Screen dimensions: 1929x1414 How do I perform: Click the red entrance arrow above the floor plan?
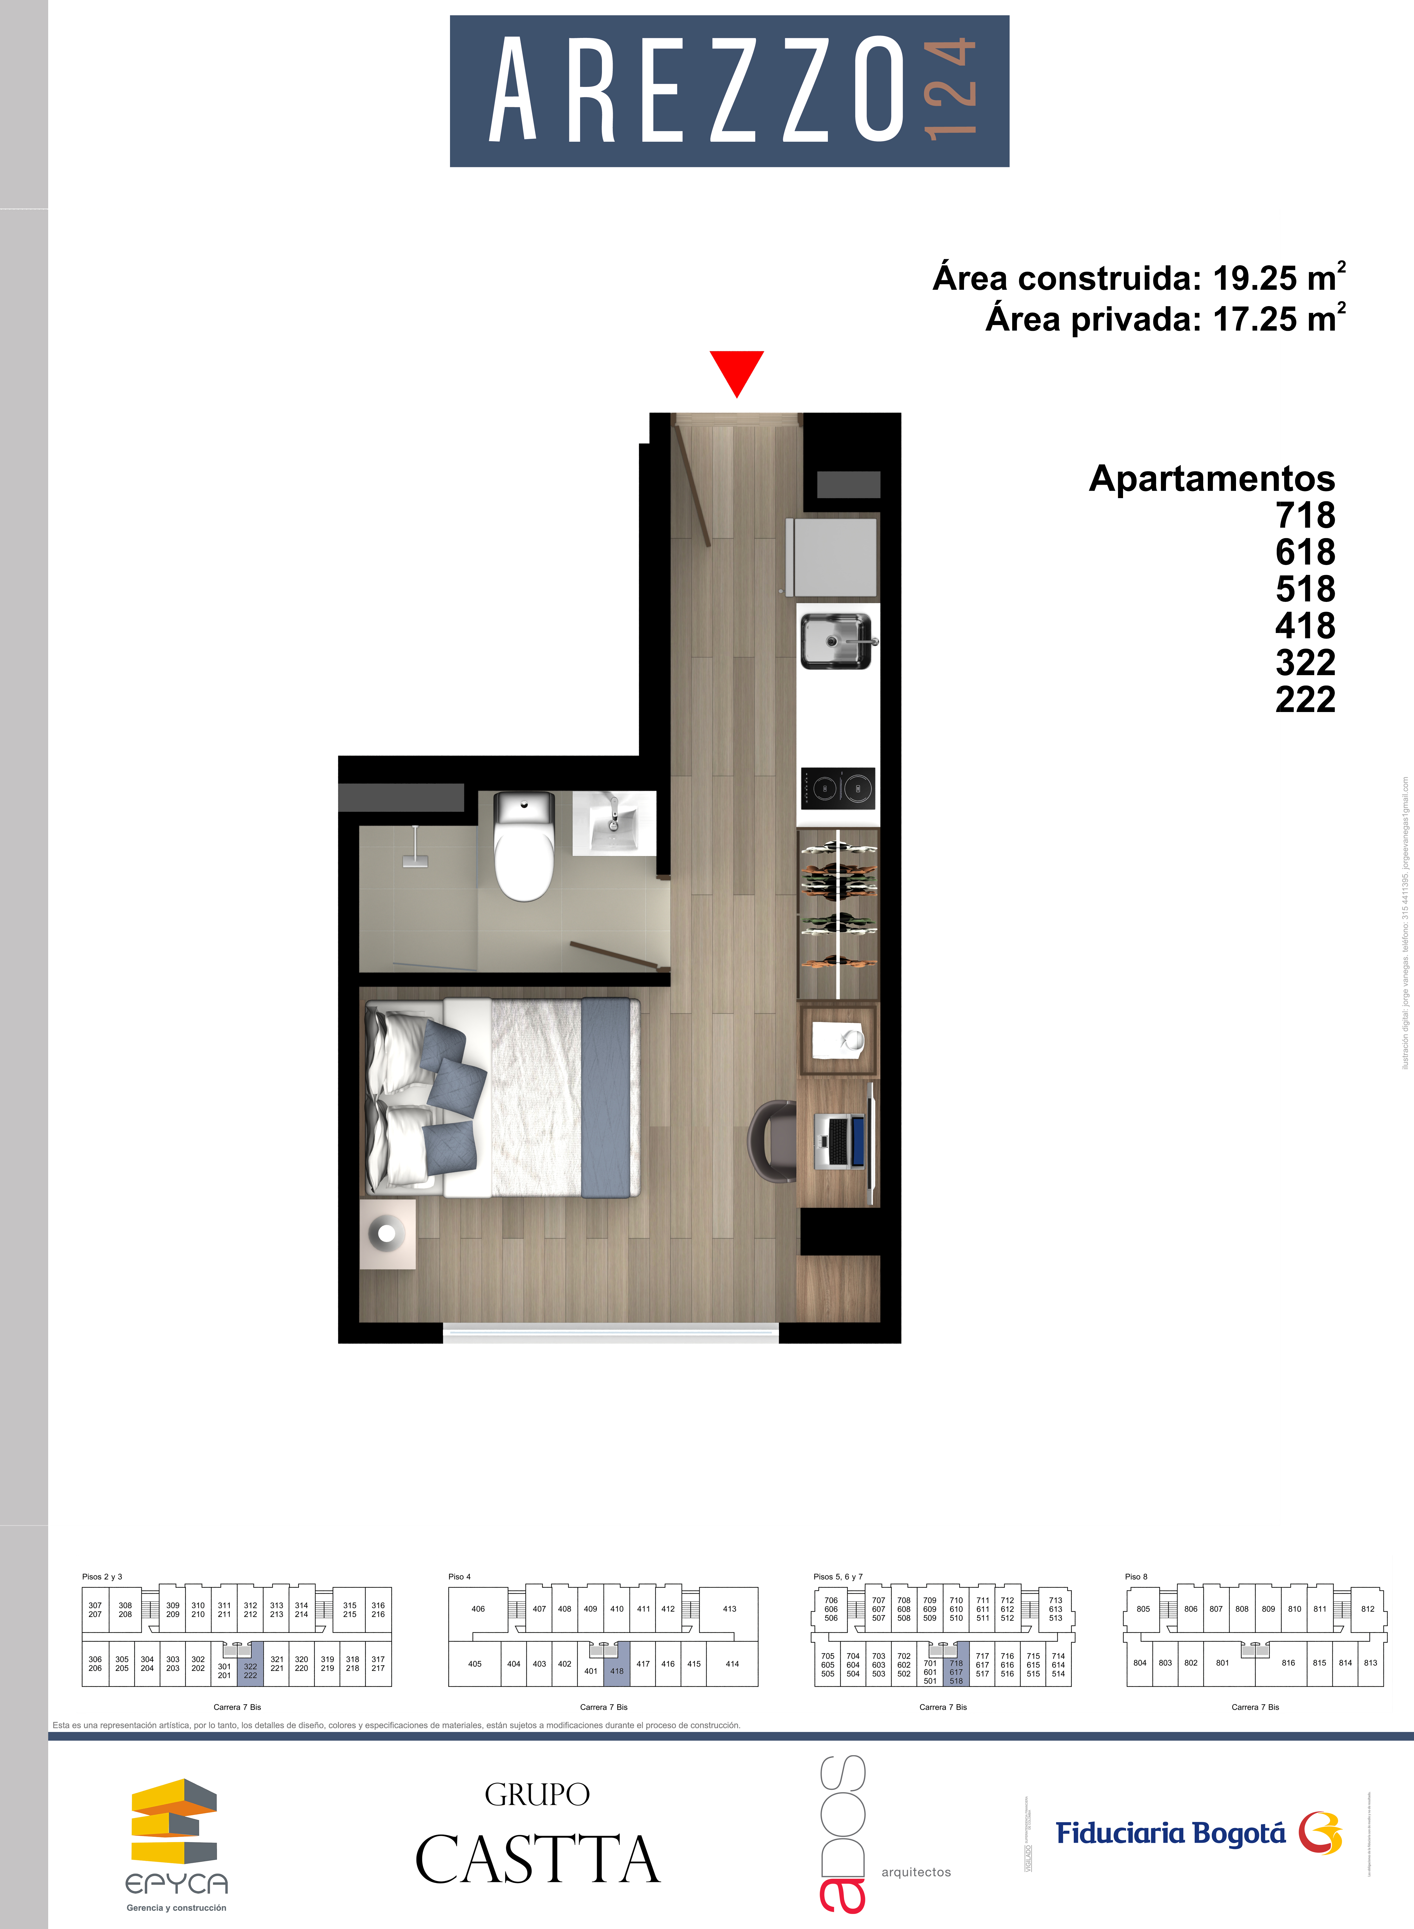click(736, 371)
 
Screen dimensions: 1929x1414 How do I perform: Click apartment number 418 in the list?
click(1304, 626)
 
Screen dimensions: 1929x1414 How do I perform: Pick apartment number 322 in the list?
click(1304, 663)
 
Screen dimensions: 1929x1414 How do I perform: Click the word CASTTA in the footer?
click(537, 1860)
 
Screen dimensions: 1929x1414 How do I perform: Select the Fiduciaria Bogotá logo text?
click(1170, 1833)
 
